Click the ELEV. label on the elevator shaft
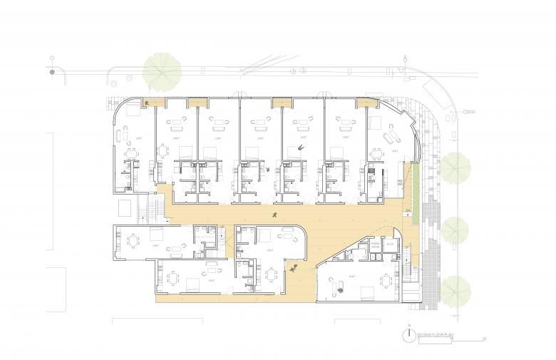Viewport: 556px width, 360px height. pyautogui.click(x=390, y=245)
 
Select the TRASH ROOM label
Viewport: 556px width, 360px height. pyautogui.click(x=374, y=245)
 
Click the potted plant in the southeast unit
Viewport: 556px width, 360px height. pyautogui.click(x=339, y=289)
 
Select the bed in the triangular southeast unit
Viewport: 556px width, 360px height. pyautogui.click(x=367, y=292)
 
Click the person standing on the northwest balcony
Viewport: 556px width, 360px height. pyautogui.click(x=147, y=103)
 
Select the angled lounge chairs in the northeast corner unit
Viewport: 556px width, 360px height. pyautogui.click(x=391, y=135)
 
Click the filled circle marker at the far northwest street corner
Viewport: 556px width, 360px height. pyautogui.click(x=52, y=72)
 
